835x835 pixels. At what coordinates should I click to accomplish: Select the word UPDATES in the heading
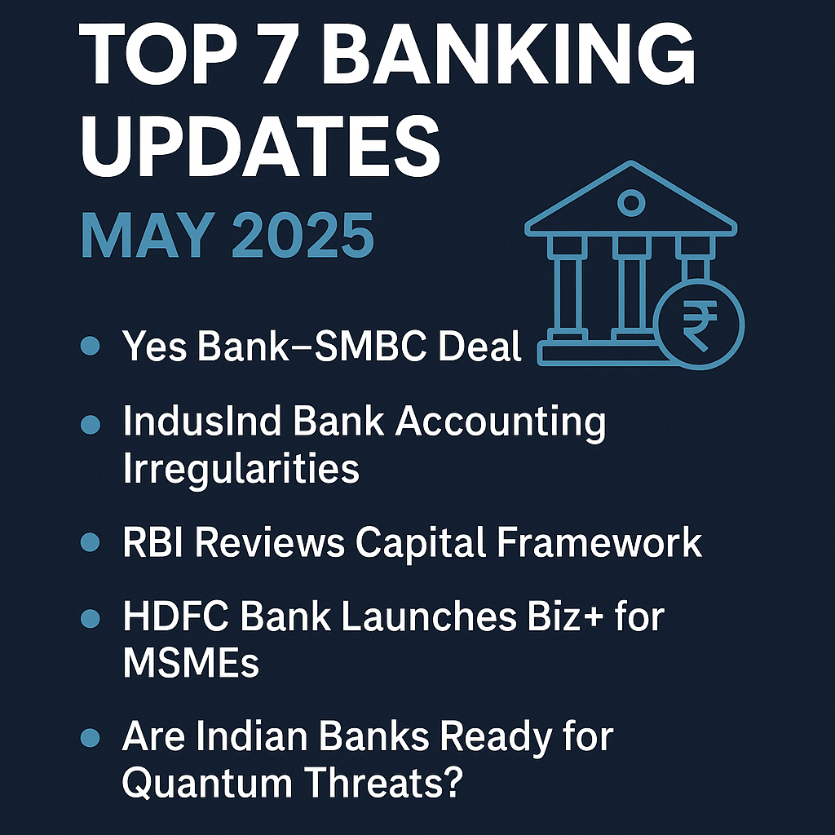coord(261,145)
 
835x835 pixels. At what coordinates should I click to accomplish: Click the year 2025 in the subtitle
coord(303,235)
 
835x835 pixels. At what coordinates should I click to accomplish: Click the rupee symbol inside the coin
coord(699,325)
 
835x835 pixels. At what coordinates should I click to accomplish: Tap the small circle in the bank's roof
coord(631,203)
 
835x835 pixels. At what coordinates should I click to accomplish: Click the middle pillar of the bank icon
coord(632,290)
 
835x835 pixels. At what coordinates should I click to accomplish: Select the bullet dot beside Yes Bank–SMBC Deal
coord(90,346)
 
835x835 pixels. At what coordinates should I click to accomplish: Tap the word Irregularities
coord(241,468)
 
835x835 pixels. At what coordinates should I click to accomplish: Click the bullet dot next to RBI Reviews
coord(90,541)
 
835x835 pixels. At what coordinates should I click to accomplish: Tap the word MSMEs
coord(191,662)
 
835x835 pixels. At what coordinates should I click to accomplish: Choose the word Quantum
coord(208,782)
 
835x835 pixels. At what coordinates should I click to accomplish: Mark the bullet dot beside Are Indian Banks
coord(90,737)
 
